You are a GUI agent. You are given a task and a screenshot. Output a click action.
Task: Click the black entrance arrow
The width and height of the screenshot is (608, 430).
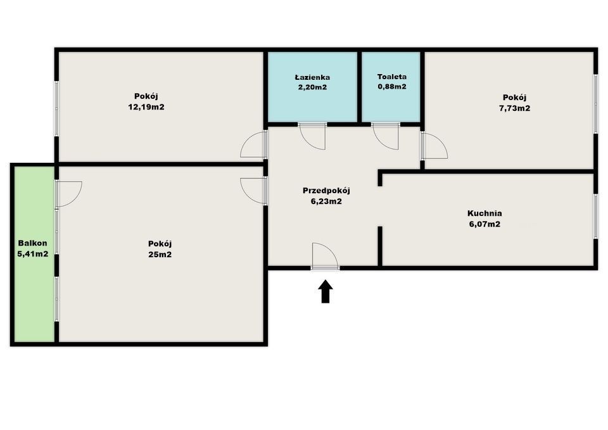[325, 293]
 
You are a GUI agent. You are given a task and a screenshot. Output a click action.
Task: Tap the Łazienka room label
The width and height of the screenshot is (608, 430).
[312, 77]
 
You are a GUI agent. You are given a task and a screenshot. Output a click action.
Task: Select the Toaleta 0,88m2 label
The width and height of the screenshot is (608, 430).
[391, 82]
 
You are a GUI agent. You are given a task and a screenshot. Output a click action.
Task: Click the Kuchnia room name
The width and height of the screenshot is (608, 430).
[484, 213]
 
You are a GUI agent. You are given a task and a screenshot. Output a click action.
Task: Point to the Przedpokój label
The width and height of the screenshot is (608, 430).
[326, 190]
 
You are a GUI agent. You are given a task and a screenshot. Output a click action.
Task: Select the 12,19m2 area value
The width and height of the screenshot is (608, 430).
[146, 107]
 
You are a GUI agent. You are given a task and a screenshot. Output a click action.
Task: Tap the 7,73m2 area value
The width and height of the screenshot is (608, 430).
[514, 108]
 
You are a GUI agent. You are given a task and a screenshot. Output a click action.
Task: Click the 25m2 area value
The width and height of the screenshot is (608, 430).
[160, 255]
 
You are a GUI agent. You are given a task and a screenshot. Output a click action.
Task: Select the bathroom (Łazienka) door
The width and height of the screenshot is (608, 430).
[312, 135]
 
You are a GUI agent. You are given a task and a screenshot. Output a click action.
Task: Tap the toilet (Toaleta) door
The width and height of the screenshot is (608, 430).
[386, 135]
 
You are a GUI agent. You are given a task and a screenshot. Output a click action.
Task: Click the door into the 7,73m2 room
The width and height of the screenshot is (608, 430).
[433, 147]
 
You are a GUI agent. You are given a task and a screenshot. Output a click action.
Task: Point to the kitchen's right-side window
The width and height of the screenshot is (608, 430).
[595, 216]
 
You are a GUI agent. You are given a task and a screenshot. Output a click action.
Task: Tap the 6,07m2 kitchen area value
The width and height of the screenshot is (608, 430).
[484, 224]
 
